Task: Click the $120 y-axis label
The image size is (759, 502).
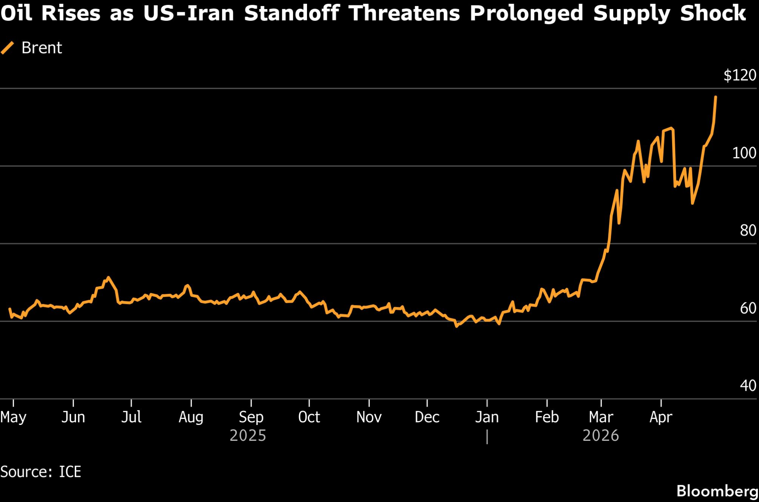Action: click(740, 75)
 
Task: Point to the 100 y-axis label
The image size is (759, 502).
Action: click(744, 153)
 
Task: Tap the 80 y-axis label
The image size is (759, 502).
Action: click(748, 230)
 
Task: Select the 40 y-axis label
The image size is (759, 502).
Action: click(748, 386)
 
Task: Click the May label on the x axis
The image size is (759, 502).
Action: click(13, 417)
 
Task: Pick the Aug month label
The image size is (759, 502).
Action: click(191, 417)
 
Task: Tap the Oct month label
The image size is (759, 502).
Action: click(309, 417)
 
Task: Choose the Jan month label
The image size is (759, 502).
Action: click(487, 417)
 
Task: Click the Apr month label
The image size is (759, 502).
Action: click(661, 417)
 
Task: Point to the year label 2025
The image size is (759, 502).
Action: click(248, 436)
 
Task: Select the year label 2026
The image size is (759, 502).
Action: click(601, 436)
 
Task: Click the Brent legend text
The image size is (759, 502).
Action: click(42, 48)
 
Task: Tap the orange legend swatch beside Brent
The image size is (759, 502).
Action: click(8, 48)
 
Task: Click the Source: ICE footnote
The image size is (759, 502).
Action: click(41, 472)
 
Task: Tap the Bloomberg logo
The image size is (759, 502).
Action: click(717, 491)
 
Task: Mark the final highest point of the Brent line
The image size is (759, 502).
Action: click(716, 97)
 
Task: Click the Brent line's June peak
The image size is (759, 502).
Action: click(109, 278)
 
